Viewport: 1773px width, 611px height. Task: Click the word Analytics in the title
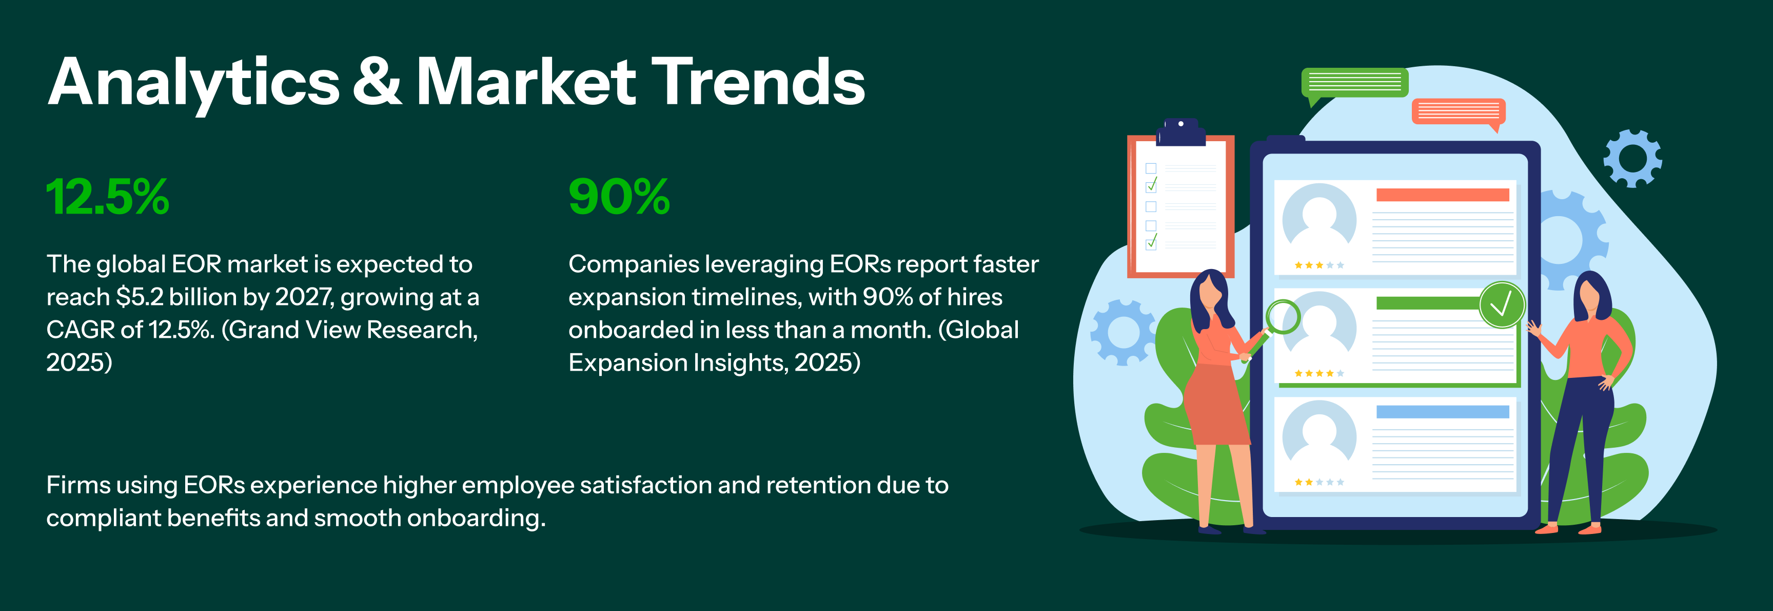193,83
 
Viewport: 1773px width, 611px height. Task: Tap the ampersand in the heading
377,81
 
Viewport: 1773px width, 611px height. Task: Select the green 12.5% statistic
107,197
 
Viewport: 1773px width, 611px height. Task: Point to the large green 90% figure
619,197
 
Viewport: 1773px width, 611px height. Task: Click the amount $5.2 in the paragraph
140,297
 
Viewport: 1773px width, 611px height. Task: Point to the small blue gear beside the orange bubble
1632,158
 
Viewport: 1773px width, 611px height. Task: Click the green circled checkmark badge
1501,304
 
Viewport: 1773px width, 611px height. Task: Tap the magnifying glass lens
1283,317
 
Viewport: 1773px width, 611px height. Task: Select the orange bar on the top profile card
1443,195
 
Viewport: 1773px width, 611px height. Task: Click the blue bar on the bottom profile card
1443,412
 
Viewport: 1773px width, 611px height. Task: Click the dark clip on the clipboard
1181,132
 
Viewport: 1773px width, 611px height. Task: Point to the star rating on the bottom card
1319,482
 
